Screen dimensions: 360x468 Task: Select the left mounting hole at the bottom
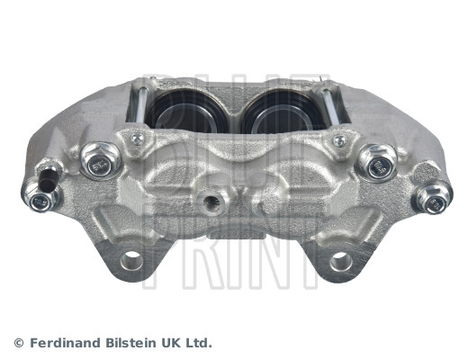131,261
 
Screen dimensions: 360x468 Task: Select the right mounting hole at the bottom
339,261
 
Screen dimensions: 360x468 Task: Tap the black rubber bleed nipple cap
47,174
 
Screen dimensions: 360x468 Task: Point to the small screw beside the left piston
136,139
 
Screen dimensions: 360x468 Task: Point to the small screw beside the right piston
339,140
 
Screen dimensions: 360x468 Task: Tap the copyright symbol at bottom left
19,343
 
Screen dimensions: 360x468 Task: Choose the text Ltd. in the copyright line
202,343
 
